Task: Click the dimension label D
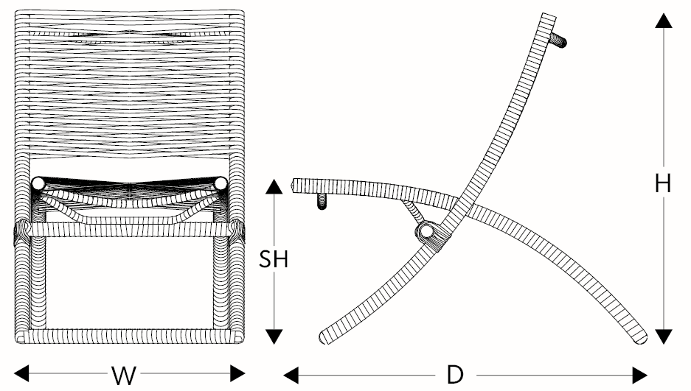coord(455,375)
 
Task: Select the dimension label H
coord(663,183)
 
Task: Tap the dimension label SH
coord(273,259)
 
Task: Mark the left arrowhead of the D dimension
coord(291,375)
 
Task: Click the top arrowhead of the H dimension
coord(664,20)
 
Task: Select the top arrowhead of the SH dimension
coord(274,186)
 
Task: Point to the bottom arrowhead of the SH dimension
coord(274,337)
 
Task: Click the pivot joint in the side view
coord(426,233)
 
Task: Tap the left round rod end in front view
coord(38,183)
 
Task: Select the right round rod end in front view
coord(221,183)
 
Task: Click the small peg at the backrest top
coord(563,41)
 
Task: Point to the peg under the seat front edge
coord(322,201)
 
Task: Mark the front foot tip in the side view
coord(327,339)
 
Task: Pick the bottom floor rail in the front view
coord(129,337)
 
